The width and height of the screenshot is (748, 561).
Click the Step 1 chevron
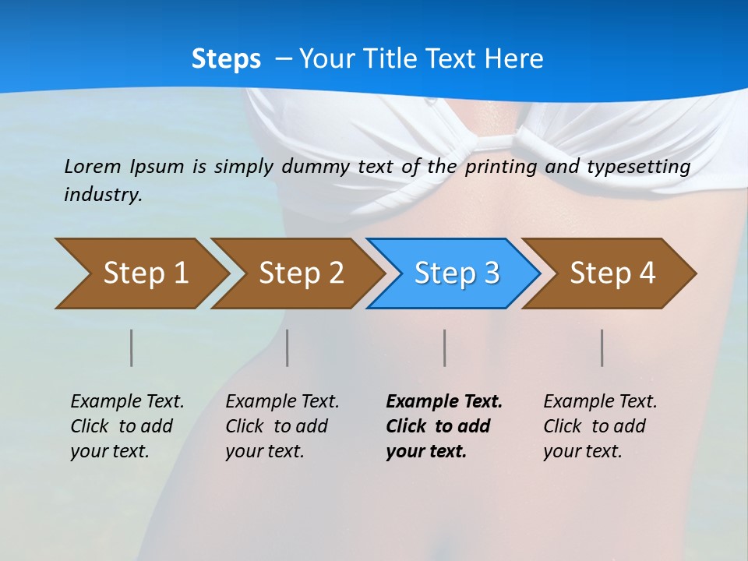[x=144, y=273]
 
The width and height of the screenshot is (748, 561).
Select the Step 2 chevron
[x=300, y=273]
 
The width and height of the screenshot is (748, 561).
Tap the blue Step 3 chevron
[x=456, y=273]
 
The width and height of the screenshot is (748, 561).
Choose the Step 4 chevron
[x=612, y=273]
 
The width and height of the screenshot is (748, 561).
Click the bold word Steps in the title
[x=226, y=59]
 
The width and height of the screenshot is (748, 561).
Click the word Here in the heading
[x=513, y=59]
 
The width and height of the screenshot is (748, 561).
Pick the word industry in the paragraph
[x=103, y=194]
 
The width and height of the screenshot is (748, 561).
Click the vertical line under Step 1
[x=132, y=348]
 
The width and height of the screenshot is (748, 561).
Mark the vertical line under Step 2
[x=288, y=348]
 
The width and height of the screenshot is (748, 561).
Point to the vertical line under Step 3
[x=445, y=348]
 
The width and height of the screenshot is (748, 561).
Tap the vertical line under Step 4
[x=602, y=348]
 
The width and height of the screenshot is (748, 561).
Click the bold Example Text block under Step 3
[x=443, y=426]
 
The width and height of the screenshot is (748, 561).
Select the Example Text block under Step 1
[x=127, y=426]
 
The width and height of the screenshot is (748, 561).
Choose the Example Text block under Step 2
[x=282, y=426]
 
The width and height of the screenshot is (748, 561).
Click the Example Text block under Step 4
[x=600, y=426]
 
